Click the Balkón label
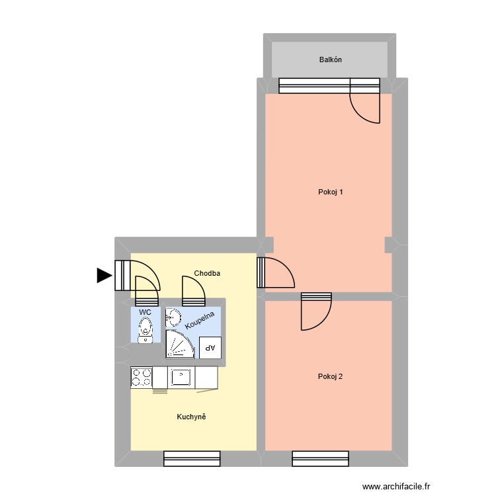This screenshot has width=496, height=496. (331, 60)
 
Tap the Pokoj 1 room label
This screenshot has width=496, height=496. (331, 192)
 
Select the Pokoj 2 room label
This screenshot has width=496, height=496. (330, 377)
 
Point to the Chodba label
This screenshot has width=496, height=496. (207, 273)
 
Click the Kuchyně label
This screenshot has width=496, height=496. (192, 417)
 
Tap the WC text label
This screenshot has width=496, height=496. (145, 311)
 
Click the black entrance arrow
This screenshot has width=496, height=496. (104, 275)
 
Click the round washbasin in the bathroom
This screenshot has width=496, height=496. (173, 318)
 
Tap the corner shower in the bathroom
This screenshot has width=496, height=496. (179, 344)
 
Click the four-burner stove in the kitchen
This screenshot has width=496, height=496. (141, 377)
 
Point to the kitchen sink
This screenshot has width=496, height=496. (181, 377)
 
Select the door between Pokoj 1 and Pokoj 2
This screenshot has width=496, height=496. (316, 311)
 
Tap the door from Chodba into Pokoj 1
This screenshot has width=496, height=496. (276, 272)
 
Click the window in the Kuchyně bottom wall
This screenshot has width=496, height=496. (192, 458)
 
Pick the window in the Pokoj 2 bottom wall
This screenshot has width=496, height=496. (320, 458)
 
